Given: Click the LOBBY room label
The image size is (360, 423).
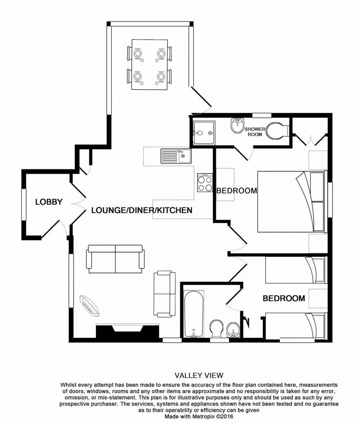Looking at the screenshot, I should pos(49,202).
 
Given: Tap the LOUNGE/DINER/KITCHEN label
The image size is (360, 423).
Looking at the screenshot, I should pos(141,210).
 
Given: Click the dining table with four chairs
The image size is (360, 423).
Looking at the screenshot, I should pos(150,64).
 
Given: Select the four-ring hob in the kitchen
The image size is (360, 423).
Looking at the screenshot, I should pos(205,182).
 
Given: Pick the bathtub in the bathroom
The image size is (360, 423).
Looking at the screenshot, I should pos(193,313).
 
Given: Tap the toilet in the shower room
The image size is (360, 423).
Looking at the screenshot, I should pos(277,131).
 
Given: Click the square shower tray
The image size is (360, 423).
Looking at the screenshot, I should pos(203,133).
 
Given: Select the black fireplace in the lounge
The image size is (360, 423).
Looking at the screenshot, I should pos(128,333).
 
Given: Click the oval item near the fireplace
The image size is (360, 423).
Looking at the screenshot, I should pos(89,305).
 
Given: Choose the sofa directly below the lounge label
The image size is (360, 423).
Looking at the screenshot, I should pos(115,259).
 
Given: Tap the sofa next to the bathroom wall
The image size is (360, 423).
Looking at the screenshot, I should pos(165,294).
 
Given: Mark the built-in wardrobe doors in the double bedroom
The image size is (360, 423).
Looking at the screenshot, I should pos(310,140).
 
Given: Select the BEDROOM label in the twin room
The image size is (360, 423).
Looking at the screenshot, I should pos(284,298).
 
